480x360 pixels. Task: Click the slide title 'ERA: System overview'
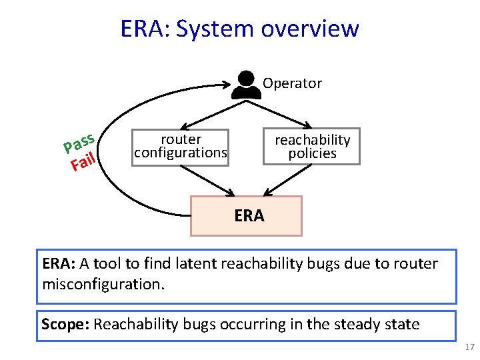[239, 29]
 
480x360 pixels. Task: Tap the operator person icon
[246, 85]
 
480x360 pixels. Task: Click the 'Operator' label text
[292, 83]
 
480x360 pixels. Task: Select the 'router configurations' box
[181, 146]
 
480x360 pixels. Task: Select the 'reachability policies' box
[312, 146]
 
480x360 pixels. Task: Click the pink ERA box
[247, 215]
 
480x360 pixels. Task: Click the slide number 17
[468, 347]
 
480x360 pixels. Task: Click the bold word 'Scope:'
[65, 325]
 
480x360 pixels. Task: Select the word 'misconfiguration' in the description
[101, 284]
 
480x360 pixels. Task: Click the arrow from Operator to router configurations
[207, 110]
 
